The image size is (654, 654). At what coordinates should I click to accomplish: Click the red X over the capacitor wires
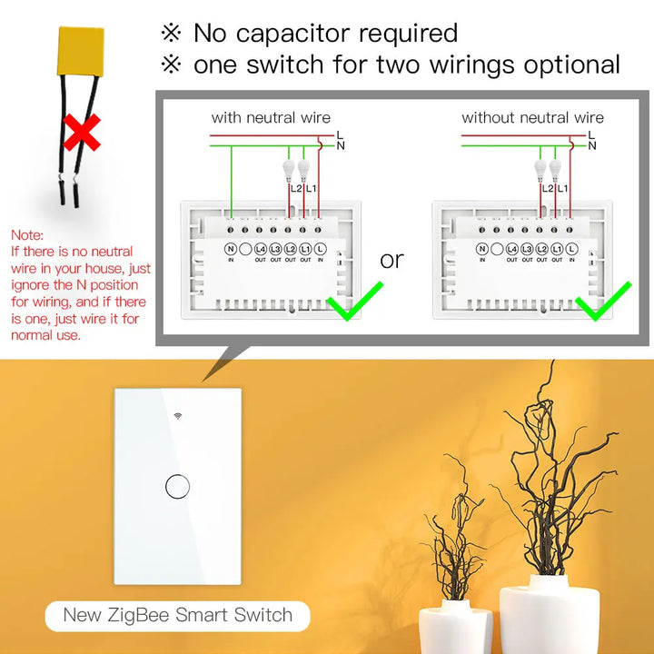pos(81,132)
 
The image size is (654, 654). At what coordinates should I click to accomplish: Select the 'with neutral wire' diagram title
pos(271,117)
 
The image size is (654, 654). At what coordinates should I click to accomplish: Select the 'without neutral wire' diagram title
pos(532,117)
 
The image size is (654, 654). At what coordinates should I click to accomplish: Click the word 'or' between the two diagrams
pos(391,260)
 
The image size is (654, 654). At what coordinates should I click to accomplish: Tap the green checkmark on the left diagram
pos(353,302)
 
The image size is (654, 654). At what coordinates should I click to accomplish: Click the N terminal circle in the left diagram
pos(231,248)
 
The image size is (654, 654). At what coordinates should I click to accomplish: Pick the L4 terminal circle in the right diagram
pos(511,248)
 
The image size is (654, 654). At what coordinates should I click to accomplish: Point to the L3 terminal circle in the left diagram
pos(275,248)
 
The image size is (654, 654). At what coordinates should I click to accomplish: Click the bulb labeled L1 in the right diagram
pos(555,169)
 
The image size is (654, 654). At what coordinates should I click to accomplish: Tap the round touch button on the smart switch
pos(177,487)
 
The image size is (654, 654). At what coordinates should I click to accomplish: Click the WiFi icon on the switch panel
pos(177,420)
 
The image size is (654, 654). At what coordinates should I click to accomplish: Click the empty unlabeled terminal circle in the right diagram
pos(496,248)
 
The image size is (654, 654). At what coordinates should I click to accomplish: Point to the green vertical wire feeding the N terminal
pos(231,182)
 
